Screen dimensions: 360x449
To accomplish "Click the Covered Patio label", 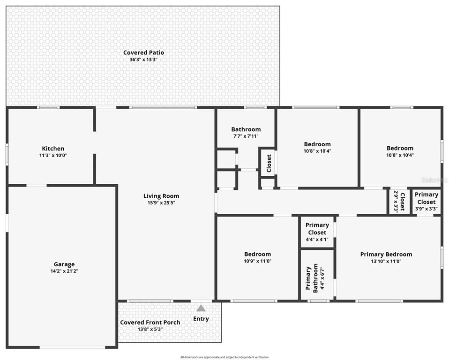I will pos(143,52).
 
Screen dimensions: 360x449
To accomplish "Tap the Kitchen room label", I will pos(53,149).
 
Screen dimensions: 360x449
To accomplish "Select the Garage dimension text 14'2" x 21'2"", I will pos(64,271).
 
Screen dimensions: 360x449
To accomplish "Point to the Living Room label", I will pos(161,196).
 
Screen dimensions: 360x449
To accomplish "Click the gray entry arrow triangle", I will pos(201,308).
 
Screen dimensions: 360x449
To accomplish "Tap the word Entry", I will pos(201,319).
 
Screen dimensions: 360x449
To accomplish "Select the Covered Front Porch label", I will pos(150,322).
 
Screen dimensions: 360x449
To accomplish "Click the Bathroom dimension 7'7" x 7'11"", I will pos(246,136).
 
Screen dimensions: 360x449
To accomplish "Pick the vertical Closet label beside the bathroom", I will pos(269,164).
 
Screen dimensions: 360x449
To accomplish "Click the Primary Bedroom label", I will pos(386,255).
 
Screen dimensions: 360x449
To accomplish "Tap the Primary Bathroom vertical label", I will pos(312,278).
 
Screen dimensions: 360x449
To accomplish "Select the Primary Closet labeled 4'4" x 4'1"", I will pos(317,232).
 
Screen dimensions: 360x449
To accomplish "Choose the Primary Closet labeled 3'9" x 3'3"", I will pos(427,202).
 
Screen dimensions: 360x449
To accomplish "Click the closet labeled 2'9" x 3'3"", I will pos(399,202).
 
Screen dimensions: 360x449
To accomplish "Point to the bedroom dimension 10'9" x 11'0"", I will pos(257,261).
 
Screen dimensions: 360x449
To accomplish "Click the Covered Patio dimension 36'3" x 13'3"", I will pos(143,60).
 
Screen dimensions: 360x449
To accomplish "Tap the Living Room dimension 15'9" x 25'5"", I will pos(161,203).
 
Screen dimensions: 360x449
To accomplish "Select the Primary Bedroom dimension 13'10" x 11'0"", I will pos(386,261).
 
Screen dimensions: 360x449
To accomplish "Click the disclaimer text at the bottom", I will pos(224,357).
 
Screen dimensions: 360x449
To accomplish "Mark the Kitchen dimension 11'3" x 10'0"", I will pos(53,155).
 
